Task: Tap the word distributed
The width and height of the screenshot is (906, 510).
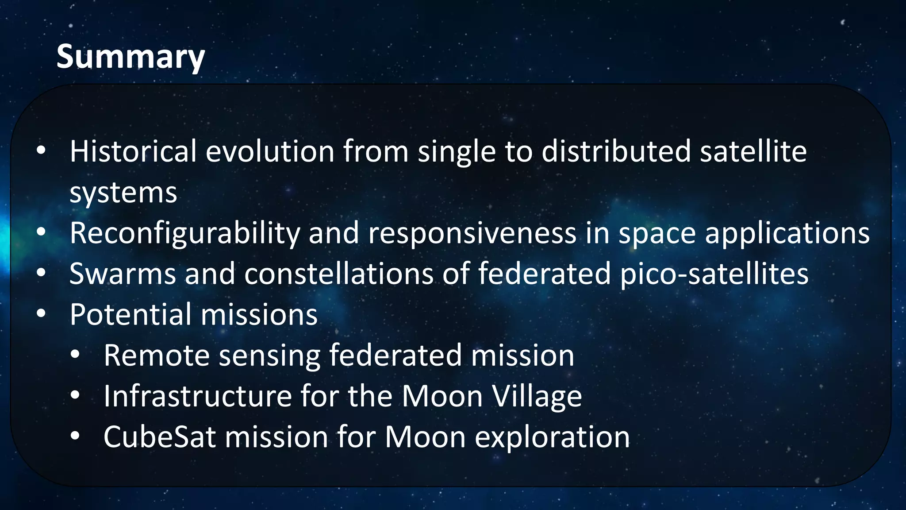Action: pyautogui.click(x=616, y=151)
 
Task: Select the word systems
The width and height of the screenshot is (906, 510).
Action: pyautogui.click(x=123, y=193)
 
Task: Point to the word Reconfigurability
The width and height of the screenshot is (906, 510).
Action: pyautogui.click(x=184, y=233)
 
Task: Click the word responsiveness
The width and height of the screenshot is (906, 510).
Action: pyautogui.click(x=472, y=233)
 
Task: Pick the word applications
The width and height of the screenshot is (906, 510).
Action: pyautogui.click(x=787, y=233)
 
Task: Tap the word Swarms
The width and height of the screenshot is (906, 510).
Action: pyautogui.click(x=123, y=274)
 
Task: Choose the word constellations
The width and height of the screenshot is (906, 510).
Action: pyautogui.click(x=339, y=274)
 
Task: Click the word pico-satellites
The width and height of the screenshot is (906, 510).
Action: pyautogui.click(x=714, y=274)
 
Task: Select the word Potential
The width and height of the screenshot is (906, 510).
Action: pyautogui.click(x=131, y=314)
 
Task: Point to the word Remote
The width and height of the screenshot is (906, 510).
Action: pyautogui.click(x=156, y=355)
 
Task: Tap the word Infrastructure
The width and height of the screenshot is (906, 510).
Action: pyautogui.click(x=197, y=396)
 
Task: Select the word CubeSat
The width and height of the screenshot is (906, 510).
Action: pyautogui.click(x=160, y=437)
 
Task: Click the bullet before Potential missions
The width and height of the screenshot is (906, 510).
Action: pyautogui.click(x=41, y=314)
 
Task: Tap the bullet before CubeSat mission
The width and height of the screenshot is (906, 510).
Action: pyautogui.click(x=75, y=436)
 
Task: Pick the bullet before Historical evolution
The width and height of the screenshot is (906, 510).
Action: pyautogui.click(x=41, y=151)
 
